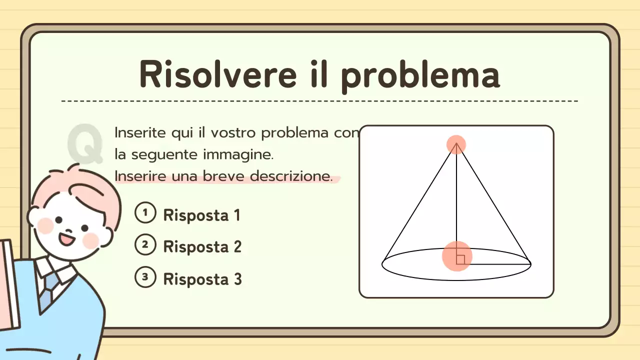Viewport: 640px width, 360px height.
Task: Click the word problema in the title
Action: pyautogui.click(x=420, y=76)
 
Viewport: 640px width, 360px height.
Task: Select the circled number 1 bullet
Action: pyautogui.click(x=145, y=213)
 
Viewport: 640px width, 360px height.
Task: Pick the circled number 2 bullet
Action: pyautogui.click(x=145, y=245)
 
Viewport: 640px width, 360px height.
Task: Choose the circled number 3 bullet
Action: pyautogui.click(x=145, y=277)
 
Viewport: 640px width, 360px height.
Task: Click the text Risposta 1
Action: pyautogui.click(x=201, y=215)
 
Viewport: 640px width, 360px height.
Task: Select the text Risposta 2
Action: pyautogui.click(x=202, y=247)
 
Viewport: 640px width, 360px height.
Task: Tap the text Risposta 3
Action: pyautogui.click(x=202, y=279)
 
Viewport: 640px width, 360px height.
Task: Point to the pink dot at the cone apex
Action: pyautogui.click(x=456, y=144)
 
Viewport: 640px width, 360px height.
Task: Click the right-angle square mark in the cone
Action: pyautogui.click(x=460, y=259)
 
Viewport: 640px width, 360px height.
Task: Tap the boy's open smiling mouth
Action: pyautogui.click(x=66, y=238)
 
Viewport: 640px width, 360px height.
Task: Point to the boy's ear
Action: pyautogui.click(x=35, y=216)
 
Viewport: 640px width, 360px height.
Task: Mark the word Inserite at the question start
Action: pyautogui.click(x=135, y=133)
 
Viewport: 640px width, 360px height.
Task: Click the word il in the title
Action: pyautogui.click(x=316, y=74)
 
